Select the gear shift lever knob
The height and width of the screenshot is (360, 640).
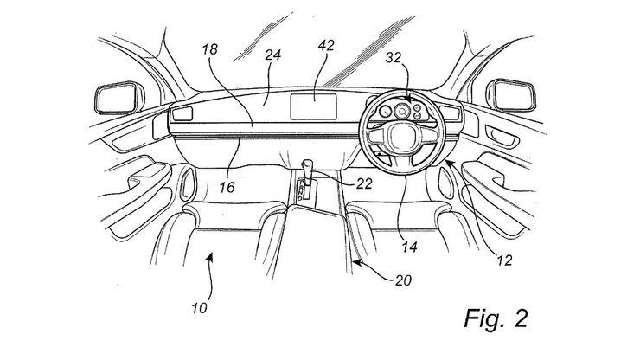pos(308,162)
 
